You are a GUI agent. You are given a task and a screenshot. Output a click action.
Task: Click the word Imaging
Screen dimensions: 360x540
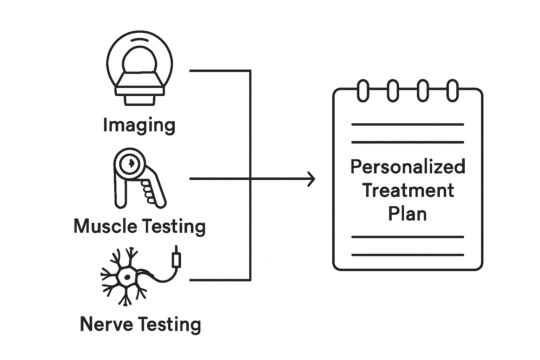[x=139, y=126]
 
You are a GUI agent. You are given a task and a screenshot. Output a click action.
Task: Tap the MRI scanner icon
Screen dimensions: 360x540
[x=140, y=70]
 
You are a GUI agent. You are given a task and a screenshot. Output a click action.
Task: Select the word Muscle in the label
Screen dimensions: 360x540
[x=105, y=226]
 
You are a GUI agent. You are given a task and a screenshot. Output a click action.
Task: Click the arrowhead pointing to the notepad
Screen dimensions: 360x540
[x=311, y=179]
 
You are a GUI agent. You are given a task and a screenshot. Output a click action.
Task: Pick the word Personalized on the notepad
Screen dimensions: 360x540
[x=408, y=167]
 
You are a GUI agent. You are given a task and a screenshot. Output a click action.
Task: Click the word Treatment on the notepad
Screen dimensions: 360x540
[x=408, y=190]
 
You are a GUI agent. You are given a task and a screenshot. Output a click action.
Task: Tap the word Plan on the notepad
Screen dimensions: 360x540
[x=407, y=214]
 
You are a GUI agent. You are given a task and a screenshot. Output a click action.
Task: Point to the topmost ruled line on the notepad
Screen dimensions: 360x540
[x=408, y=124]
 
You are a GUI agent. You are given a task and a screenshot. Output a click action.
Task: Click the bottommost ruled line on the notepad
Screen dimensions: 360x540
[x=408, y=255]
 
